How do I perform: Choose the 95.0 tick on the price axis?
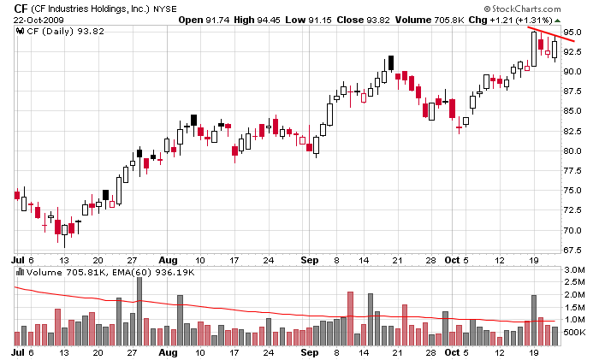tap(573, 32)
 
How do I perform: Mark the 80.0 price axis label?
tap(573, 151)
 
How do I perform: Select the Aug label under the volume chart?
tap(168, 351)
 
